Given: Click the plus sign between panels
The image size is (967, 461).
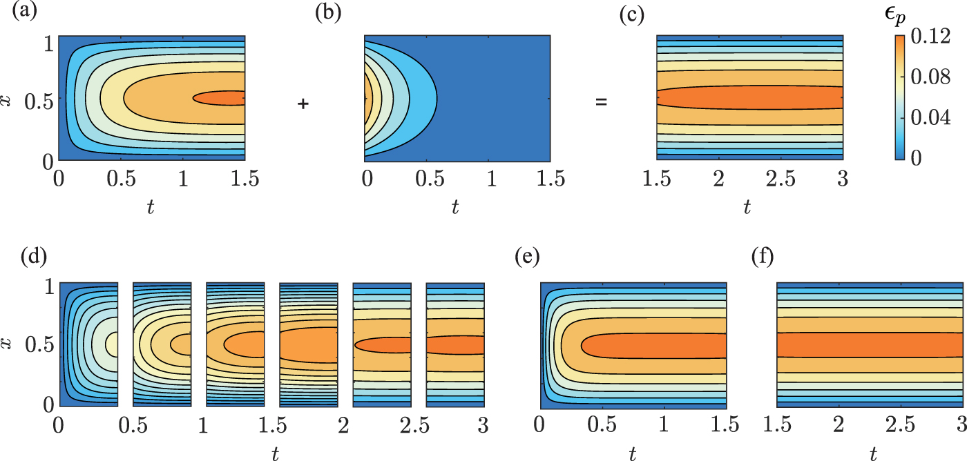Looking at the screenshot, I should coord(303,104).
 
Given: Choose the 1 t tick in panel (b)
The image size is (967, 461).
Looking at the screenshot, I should coord(490,179).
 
